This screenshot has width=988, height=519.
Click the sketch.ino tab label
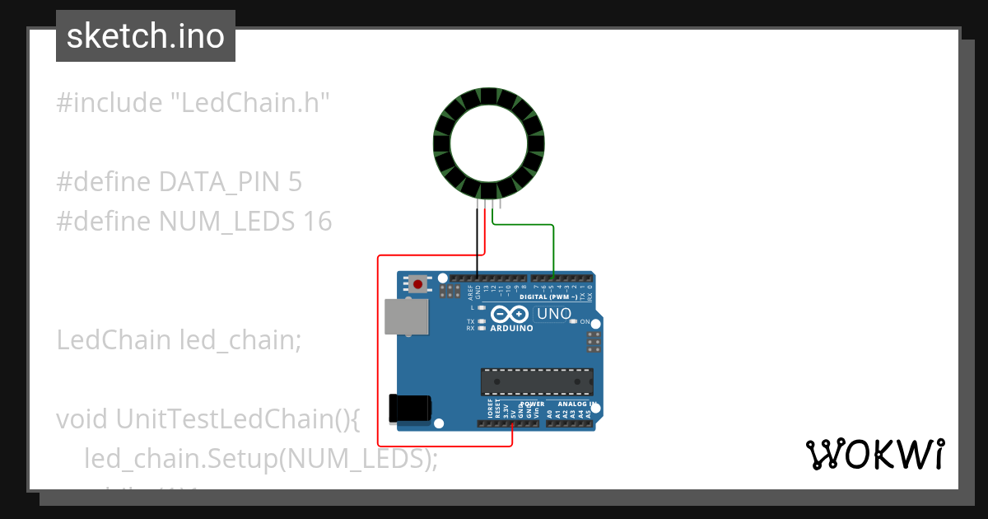pos(145,36)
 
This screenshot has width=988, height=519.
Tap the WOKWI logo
pos(874,454)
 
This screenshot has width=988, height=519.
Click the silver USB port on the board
pos(406,317)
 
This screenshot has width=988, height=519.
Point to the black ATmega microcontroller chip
pos(537,381)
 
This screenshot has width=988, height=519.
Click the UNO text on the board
pos(553,314)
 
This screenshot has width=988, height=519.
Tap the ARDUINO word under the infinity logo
pos(511,328)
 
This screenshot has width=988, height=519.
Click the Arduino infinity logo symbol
pos(510,314)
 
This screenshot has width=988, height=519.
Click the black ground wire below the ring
pos(477,243)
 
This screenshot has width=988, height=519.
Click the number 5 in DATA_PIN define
pos(295,182)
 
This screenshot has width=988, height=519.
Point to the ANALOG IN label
pos(576,404)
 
